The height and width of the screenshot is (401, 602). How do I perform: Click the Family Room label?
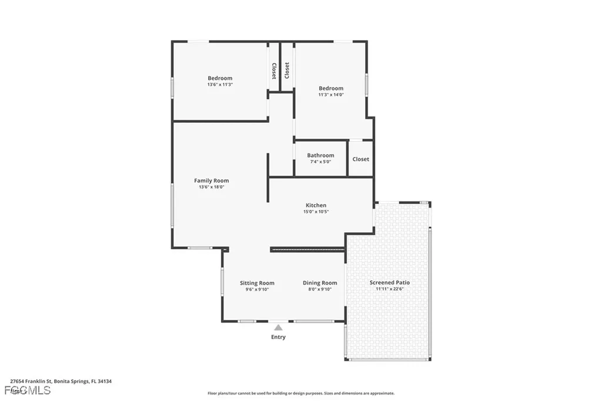click(x=212, y=181)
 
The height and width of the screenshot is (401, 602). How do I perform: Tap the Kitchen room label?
click(x=316, y=205)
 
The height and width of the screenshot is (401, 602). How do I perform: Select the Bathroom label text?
click(x=320, y=155)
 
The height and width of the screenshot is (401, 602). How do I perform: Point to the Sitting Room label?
click(x=257, y=283)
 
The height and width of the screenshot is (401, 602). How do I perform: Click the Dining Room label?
click(x=320, y=283)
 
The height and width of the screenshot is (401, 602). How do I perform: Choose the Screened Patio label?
click(x=390, y=282)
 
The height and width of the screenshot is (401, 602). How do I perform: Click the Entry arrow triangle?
click(x=278, y=328)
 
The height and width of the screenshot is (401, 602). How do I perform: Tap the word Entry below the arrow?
click(x=278, y=337)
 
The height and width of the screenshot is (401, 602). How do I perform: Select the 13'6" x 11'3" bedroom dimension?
click(x=220, y=84)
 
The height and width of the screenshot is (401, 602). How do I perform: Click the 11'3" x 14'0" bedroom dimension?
click(x=331, y=94)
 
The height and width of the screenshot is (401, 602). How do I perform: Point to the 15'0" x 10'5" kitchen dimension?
click(x=316, y=212)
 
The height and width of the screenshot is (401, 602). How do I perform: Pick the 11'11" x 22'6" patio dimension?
click(x=390, y=289)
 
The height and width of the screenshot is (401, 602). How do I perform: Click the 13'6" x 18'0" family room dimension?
click(x=212, y=187)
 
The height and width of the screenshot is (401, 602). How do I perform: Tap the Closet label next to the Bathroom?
click(x=361, y=159)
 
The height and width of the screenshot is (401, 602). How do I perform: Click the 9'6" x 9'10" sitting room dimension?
click(x=257, y=289)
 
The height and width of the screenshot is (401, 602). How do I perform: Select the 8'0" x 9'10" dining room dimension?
click(x=320, y=289)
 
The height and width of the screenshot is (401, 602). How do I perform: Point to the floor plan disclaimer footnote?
click(x=301, y=393)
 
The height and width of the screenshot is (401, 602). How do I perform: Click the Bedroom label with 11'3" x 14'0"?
click(x=331, y=88)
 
